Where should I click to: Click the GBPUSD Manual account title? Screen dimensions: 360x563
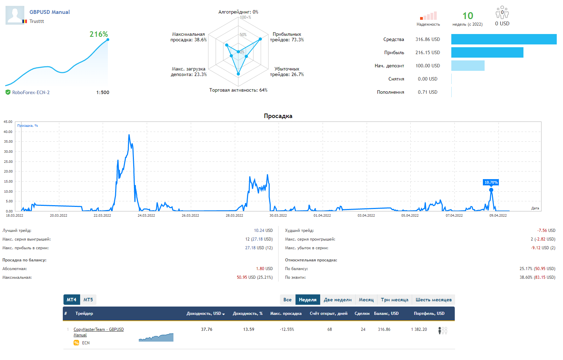click(50, 12)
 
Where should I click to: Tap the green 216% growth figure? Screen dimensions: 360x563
click(99, 34)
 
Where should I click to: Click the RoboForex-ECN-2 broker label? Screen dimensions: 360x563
click(31, 92)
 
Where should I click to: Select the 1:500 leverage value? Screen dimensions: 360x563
click(103, 92)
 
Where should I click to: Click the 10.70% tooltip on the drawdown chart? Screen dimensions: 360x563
click(491, 182)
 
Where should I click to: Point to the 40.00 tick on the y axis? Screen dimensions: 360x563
click(8, 132)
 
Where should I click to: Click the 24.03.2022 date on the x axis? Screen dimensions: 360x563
click(146, 216)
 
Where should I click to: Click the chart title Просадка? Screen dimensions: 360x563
click(278, 116)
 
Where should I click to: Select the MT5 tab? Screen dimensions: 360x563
click(88, 300)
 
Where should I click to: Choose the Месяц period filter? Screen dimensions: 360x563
click(366, 300)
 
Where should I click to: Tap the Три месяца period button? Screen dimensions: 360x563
click(394, 300)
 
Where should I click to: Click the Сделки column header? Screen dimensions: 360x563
click(362, 313)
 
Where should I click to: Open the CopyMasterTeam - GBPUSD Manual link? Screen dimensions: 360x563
click(99, 329)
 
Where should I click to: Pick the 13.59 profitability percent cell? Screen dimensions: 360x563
click(248, 329)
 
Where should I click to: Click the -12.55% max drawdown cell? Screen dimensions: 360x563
click(287, 329)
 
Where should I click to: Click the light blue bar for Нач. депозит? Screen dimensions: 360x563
click(468, 66)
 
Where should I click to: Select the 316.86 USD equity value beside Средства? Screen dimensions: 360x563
click(427, 39)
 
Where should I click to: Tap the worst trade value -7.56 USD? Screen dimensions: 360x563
click(546, 231)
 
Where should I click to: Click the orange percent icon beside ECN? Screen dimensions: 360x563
click(76, 343)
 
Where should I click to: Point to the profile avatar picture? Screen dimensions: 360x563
click(15, 15)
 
